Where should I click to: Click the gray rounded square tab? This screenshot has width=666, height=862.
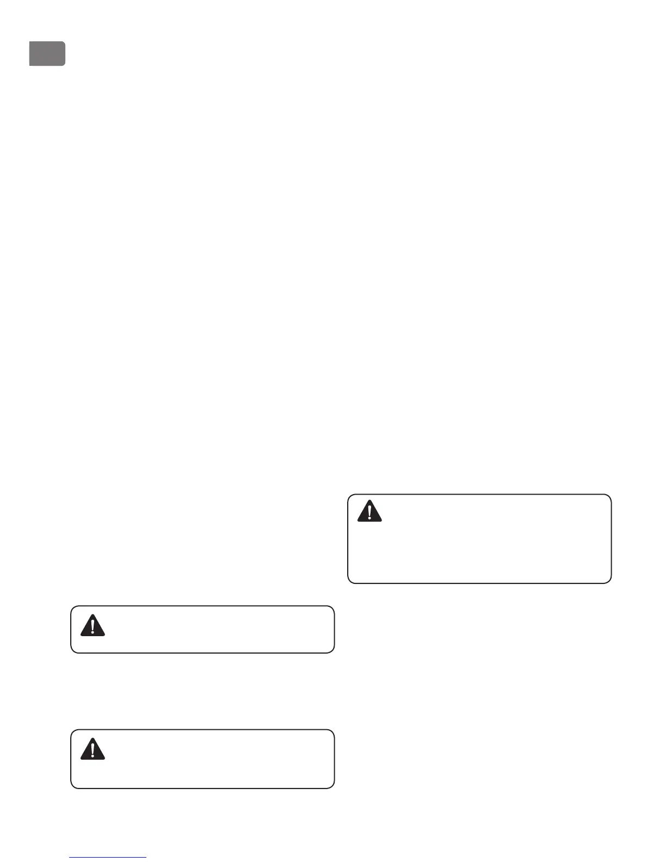47,54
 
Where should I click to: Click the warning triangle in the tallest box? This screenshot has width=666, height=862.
370,512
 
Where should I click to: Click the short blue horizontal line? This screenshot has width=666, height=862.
108,857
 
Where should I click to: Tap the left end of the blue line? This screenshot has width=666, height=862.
70,857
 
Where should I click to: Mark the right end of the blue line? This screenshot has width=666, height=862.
146,857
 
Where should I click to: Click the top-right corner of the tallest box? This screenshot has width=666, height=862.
610,495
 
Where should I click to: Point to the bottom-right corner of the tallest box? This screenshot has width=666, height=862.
610,582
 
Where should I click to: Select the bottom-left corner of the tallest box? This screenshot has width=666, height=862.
349,582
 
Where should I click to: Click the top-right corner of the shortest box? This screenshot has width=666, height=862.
333,607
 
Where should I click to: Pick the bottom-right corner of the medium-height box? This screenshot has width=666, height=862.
333,787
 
